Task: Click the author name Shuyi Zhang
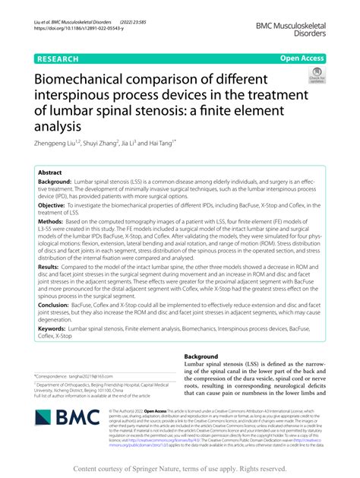click(x=110, y=142)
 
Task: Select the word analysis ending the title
click(x=58, y=125)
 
